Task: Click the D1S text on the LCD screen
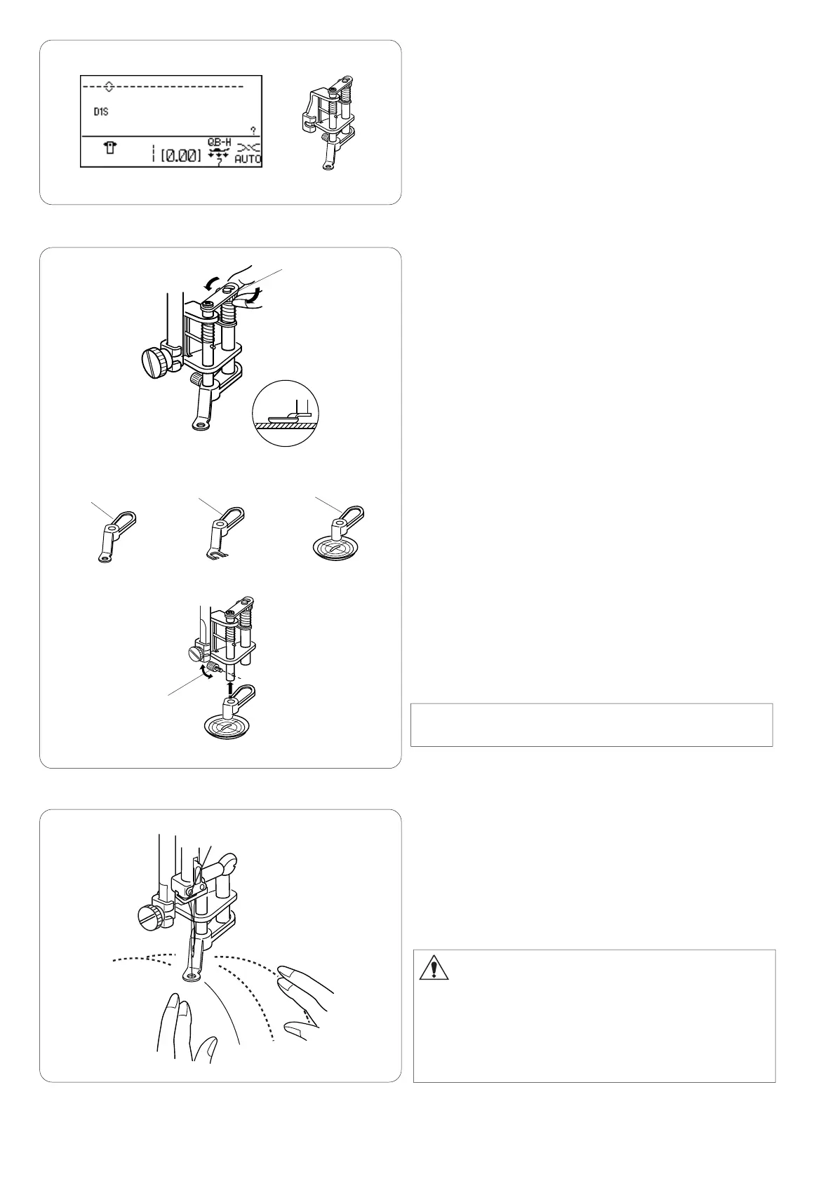click(x=101, y=112)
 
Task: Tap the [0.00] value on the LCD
click(x=181, y=156)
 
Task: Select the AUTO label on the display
click(x=248, y=159)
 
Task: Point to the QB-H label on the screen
click(x=220, y=142)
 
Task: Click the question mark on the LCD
click(x=254, y=130)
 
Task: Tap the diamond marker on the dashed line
click(x=109, y=86)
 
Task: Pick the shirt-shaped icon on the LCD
click(x=111, y=148)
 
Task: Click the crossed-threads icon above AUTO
click(x=248, y=148)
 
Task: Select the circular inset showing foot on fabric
click(x=286, y=413)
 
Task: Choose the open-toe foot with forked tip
click(x=224, y=532)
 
